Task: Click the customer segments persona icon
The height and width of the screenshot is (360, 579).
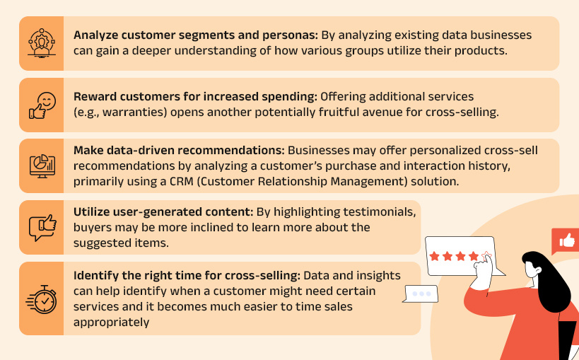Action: pyautogui.click(x=41, y=43)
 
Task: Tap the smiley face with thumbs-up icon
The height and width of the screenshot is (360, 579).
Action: pyautogui.click(x=41, y=105)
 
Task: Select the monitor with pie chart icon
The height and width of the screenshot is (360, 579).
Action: pyautogui.click(x=41, y=166)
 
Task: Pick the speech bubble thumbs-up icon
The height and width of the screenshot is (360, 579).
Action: pyautogui.click(x=41, y=227)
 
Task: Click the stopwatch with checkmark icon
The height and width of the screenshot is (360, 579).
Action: pyautogui.click(x=41, y=298)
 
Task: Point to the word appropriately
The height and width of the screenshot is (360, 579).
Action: pyautogui.click(x=112, y=322)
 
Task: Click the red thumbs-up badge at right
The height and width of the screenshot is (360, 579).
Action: pyautogui.click(x=566, y=242)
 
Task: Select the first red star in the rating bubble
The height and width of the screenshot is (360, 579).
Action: pyautogui.click(x=435, y=255)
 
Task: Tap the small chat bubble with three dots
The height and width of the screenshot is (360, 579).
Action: pyautogui.click(x=421, y=294)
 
